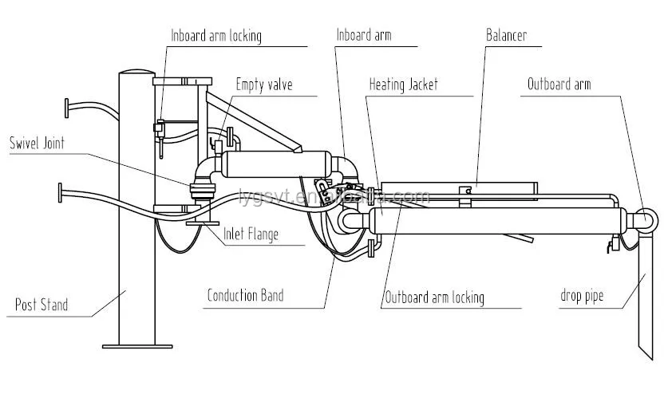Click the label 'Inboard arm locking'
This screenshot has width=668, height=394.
[215, 36]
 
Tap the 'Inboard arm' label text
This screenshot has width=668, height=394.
[364, 36]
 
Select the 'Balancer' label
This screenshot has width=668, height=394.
[507, 36]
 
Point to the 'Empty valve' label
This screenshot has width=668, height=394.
[264, 85]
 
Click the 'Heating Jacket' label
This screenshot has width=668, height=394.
[403, 85]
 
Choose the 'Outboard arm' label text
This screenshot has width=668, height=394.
[559, 85]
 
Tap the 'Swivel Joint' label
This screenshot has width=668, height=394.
[37, 144]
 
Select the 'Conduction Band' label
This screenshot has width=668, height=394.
[245, 296]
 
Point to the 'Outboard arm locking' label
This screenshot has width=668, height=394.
[434, 298]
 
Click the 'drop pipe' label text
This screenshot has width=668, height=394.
[581, 297]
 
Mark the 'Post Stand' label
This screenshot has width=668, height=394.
[42, 304]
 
